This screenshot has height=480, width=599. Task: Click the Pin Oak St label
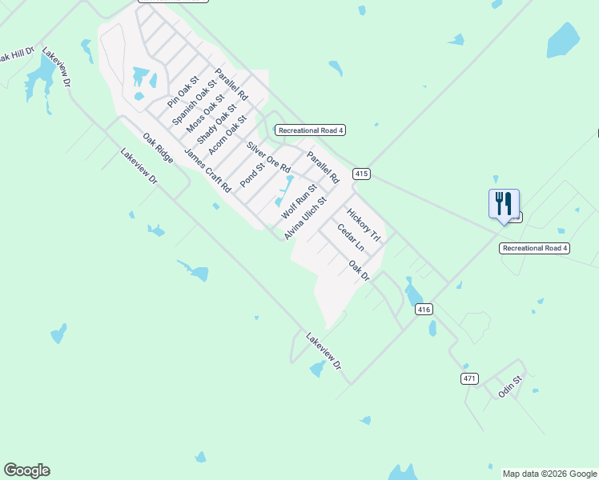pyautogui.click(x=183, y=92)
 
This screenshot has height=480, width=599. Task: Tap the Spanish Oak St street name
pyautogui.click(x=195, y=102)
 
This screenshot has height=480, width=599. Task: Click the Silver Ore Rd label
pyautogui.click(x=268, y=158)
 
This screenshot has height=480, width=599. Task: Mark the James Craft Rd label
pyautogui.click(x=207, y=170)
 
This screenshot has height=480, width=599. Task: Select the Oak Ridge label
pyautogui.click(x=158, y=148)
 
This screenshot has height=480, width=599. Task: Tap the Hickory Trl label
pyautogui.click(x=362, y=226)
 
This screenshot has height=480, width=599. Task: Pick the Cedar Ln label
pyautogui.click(x=350, y=238)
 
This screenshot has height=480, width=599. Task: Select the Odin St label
pyautogui.click(x=510, y=387)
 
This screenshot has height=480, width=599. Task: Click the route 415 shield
pyautogui.click(x=361, y=174)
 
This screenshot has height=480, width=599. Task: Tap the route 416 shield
pyautogui.click(x=424, y=309)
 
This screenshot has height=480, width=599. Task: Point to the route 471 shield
pyautogui.click(x=469, y=378)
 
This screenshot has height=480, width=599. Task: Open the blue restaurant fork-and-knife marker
pyautogui.click(x=504, y=204)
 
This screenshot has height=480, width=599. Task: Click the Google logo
pyautogui.click(x=26, y=470)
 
